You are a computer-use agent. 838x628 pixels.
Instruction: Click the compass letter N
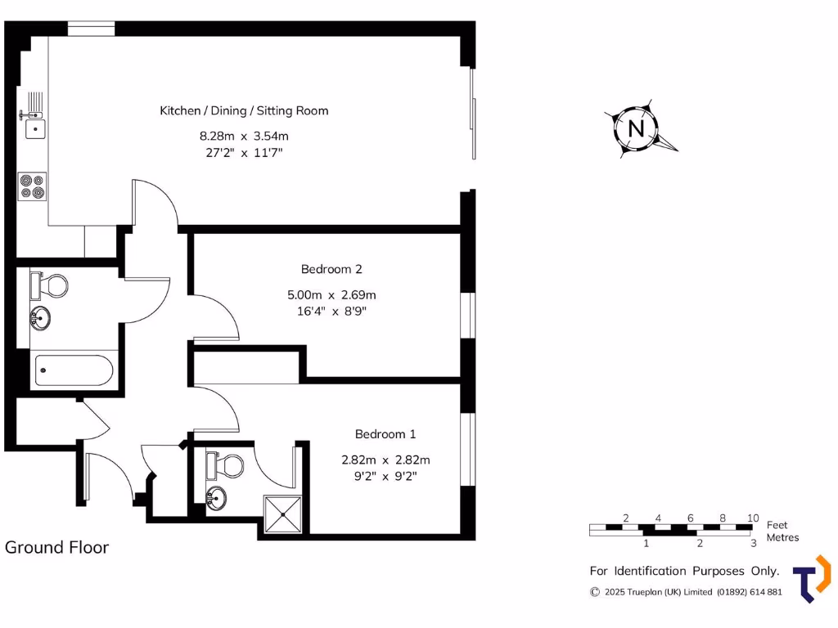coord(636,129)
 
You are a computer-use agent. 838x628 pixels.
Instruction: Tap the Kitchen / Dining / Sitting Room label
coord(244,110)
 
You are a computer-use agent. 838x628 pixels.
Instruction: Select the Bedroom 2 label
coord(331,269)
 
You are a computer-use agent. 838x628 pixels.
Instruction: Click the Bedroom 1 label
coord(385,434)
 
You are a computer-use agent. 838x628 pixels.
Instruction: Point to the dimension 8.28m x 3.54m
coord(244,136)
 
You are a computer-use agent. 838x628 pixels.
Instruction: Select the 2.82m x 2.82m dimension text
coord(385,460)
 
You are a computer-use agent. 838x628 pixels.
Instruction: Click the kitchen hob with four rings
coord(33,186)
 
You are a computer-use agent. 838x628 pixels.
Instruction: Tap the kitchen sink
coord(35,128)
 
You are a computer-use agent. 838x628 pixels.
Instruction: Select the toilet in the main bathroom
coord(51,285)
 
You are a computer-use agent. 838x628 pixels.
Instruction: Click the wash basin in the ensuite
coord(217,497)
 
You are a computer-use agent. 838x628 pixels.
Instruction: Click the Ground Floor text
coord(56,547)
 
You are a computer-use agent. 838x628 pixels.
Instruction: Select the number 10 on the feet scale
coord(753,518)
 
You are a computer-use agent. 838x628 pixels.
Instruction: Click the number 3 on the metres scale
coord(753,543)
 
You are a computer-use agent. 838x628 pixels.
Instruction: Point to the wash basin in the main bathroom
coord(40,317)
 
